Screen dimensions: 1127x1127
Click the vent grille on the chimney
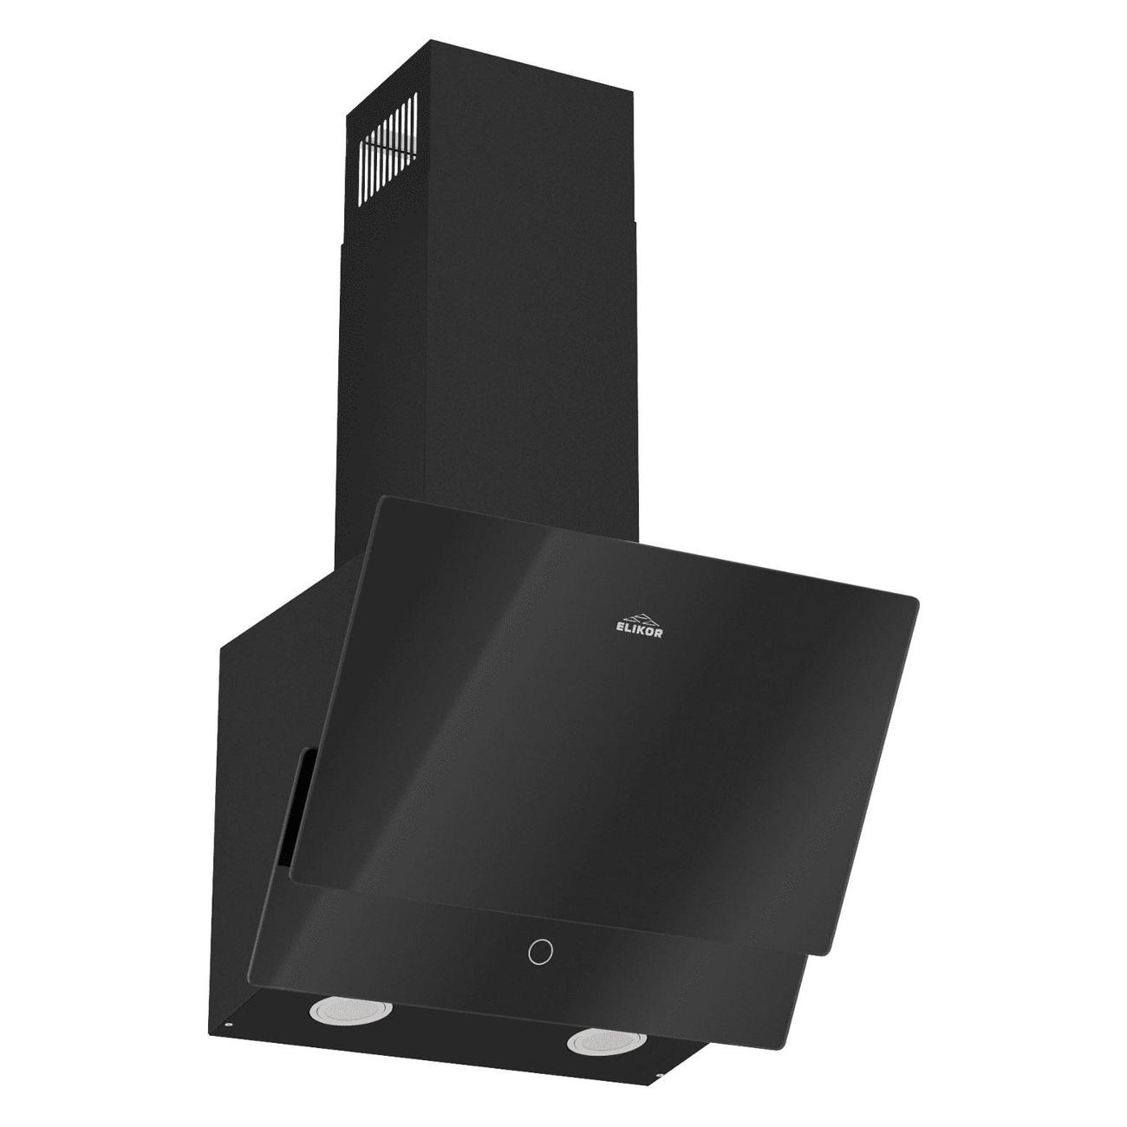coord(388,139)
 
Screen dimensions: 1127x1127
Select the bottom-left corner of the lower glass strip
coord(250,981)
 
